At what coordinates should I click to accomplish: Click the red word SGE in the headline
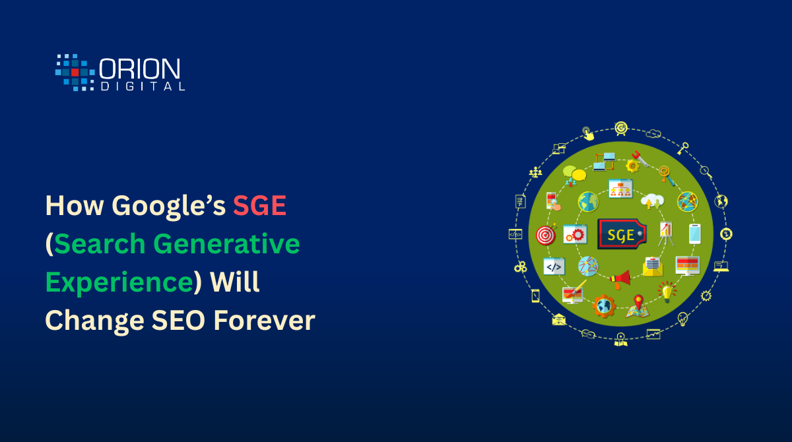click(x=259, y=205)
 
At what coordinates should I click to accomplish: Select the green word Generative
click(x=226, y=244)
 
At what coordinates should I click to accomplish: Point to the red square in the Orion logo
click(x=75, y=73)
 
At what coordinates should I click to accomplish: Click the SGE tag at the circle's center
click(x=622, y=234)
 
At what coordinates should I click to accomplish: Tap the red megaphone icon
click(x=620, y=279)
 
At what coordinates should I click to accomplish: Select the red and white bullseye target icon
click(x=546, y=234)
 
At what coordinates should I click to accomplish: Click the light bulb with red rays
click(x=667, y=292)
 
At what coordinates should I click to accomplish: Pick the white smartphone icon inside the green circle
click(x=695, y=234)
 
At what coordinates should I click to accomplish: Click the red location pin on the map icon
click(x=638, y=301)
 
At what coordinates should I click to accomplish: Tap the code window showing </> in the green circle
click(x=554, y=267)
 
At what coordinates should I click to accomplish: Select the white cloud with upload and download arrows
click(x=652, y=201)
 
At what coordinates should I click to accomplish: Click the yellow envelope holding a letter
click(x=653, y=267)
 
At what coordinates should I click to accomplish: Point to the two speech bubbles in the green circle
click(x=574, y=173)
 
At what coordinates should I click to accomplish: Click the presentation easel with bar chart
click(x=666, y=234)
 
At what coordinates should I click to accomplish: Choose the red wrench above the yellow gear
click(x=641, y=159)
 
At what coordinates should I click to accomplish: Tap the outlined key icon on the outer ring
click(x=682, y=148)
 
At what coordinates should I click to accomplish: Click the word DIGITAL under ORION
click(x=143, y=86)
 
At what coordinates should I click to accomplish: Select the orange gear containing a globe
click(x=604, y=306)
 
